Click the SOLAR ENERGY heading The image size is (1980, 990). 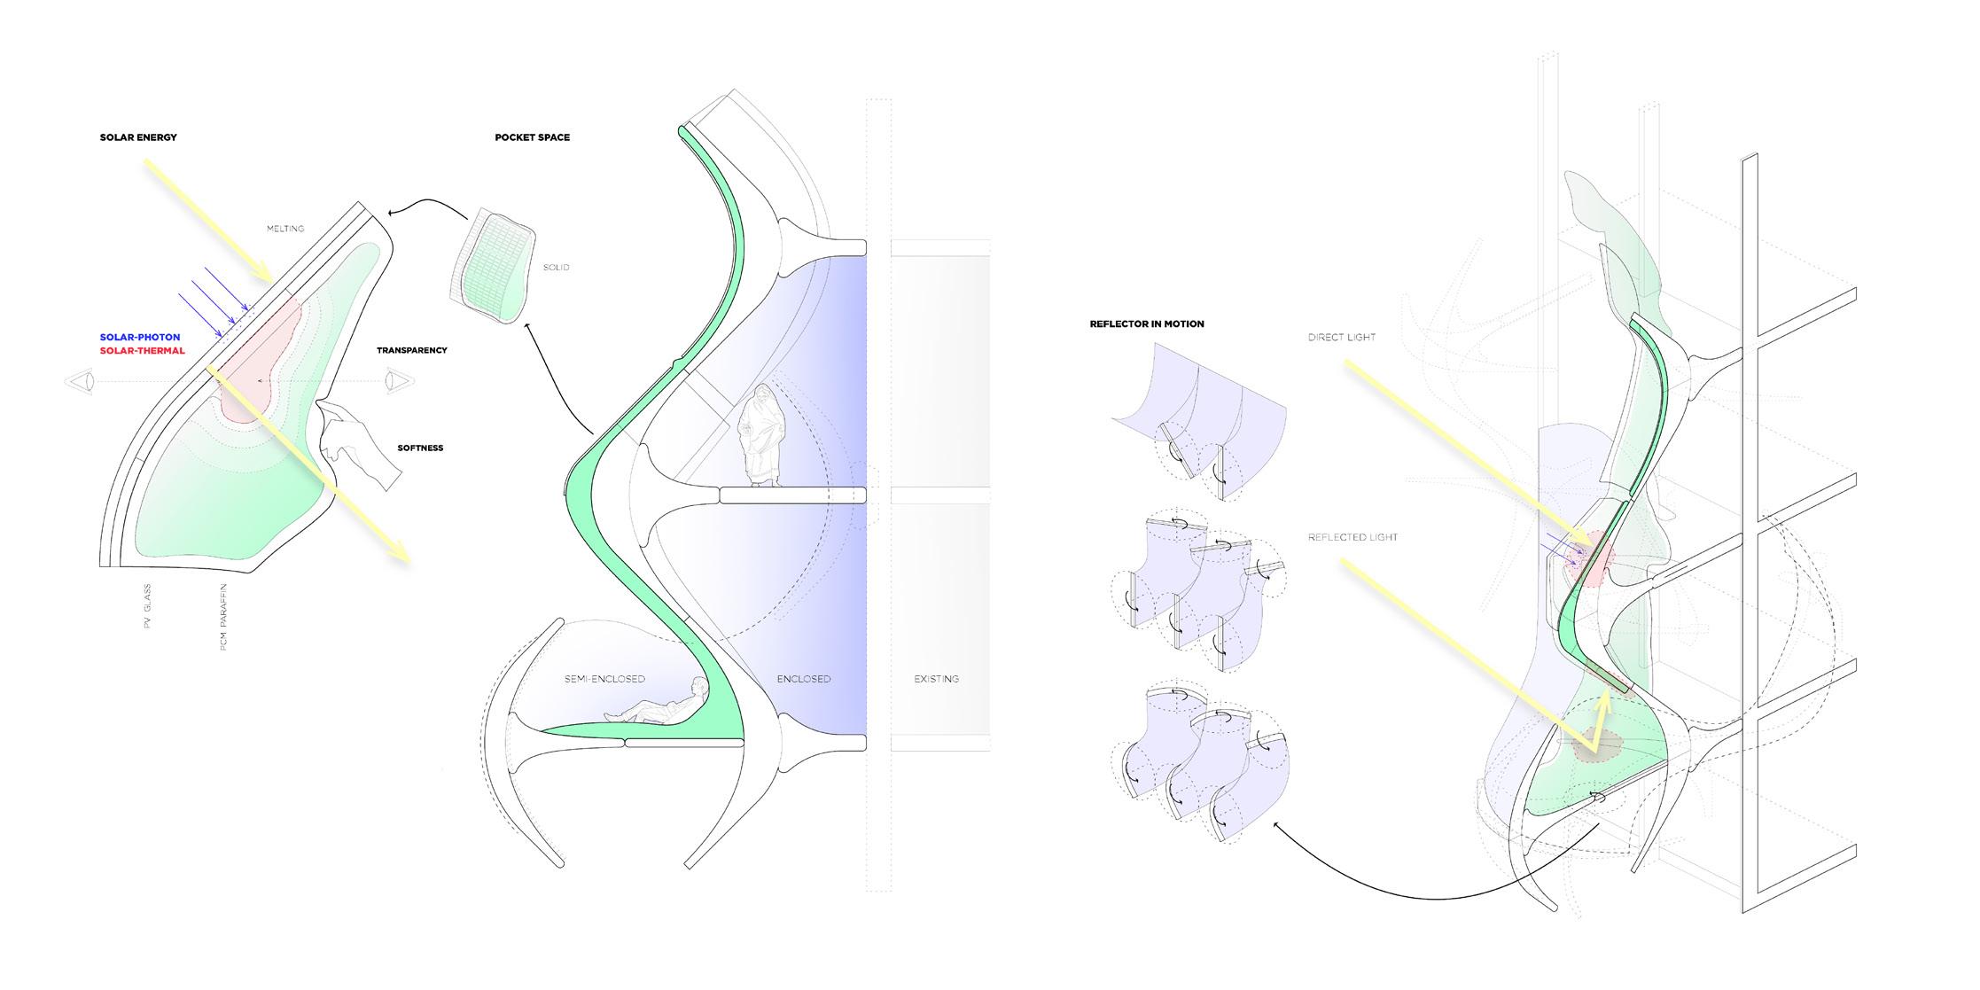tap(138, 137)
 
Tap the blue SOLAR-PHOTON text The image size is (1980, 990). tap(140, 338)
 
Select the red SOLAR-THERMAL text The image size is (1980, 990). tap(142, 351)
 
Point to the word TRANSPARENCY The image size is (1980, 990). tap(411, 351)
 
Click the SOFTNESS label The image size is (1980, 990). tap(420, 448)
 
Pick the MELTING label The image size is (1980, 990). tap(285, 229)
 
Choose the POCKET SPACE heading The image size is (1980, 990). tap(532, 137)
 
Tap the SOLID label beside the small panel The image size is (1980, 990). tap(557, 268)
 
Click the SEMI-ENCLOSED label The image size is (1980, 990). tap(604, 679)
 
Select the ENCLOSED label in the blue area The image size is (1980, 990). tap(804, 679)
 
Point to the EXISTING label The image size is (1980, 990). tap(936, 679)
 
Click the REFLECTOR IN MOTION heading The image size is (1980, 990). tap(1147, 324)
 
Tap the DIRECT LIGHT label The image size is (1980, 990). tap(1341, 338)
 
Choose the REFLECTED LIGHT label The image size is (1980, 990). tap(1352, 537)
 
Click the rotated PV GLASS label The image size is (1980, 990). tap(148, 606)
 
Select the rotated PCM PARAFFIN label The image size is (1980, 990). tap(224, 617)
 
